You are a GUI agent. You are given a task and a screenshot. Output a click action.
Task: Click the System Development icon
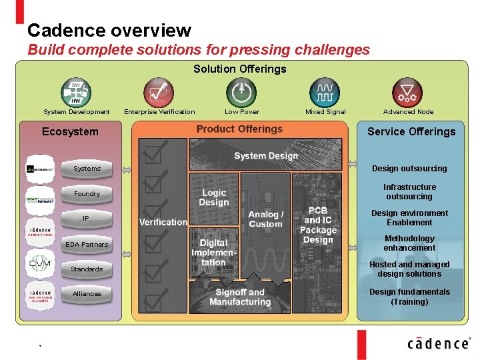point(76,92)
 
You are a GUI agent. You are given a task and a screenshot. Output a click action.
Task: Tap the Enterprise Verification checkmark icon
point(159,92)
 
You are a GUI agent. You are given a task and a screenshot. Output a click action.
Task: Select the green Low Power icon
point(241,92)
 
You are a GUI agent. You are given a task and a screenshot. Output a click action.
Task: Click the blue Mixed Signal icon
point(325,92)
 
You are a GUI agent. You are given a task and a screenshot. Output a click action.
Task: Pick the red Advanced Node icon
point(407,92)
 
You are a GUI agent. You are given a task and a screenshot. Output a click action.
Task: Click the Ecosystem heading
point(70,131)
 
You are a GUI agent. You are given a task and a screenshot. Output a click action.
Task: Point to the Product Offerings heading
point(239,129)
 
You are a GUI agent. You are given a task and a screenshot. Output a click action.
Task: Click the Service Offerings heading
point(411,131)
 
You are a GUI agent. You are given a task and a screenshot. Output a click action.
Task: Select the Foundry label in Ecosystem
point(87,194)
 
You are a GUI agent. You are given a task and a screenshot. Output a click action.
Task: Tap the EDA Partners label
point(86,245)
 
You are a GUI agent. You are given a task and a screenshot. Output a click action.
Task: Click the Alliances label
point(87,294)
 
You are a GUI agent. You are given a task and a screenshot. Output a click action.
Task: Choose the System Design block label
point(265,156)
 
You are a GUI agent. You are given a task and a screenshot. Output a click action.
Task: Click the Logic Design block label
point(214,198)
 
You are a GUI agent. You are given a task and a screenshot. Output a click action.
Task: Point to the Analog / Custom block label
point(265,219)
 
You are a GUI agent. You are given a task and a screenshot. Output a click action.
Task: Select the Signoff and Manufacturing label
point(240,297)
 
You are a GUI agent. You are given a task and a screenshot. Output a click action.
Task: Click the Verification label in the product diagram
point(163,222)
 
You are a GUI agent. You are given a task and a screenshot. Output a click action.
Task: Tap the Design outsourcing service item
point(409,169)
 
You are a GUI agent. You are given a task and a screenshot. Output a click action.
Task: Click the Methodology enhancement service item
point(409,243)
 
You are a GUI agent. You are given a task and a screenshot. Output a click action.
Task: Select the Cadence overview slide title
point(109,31)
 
